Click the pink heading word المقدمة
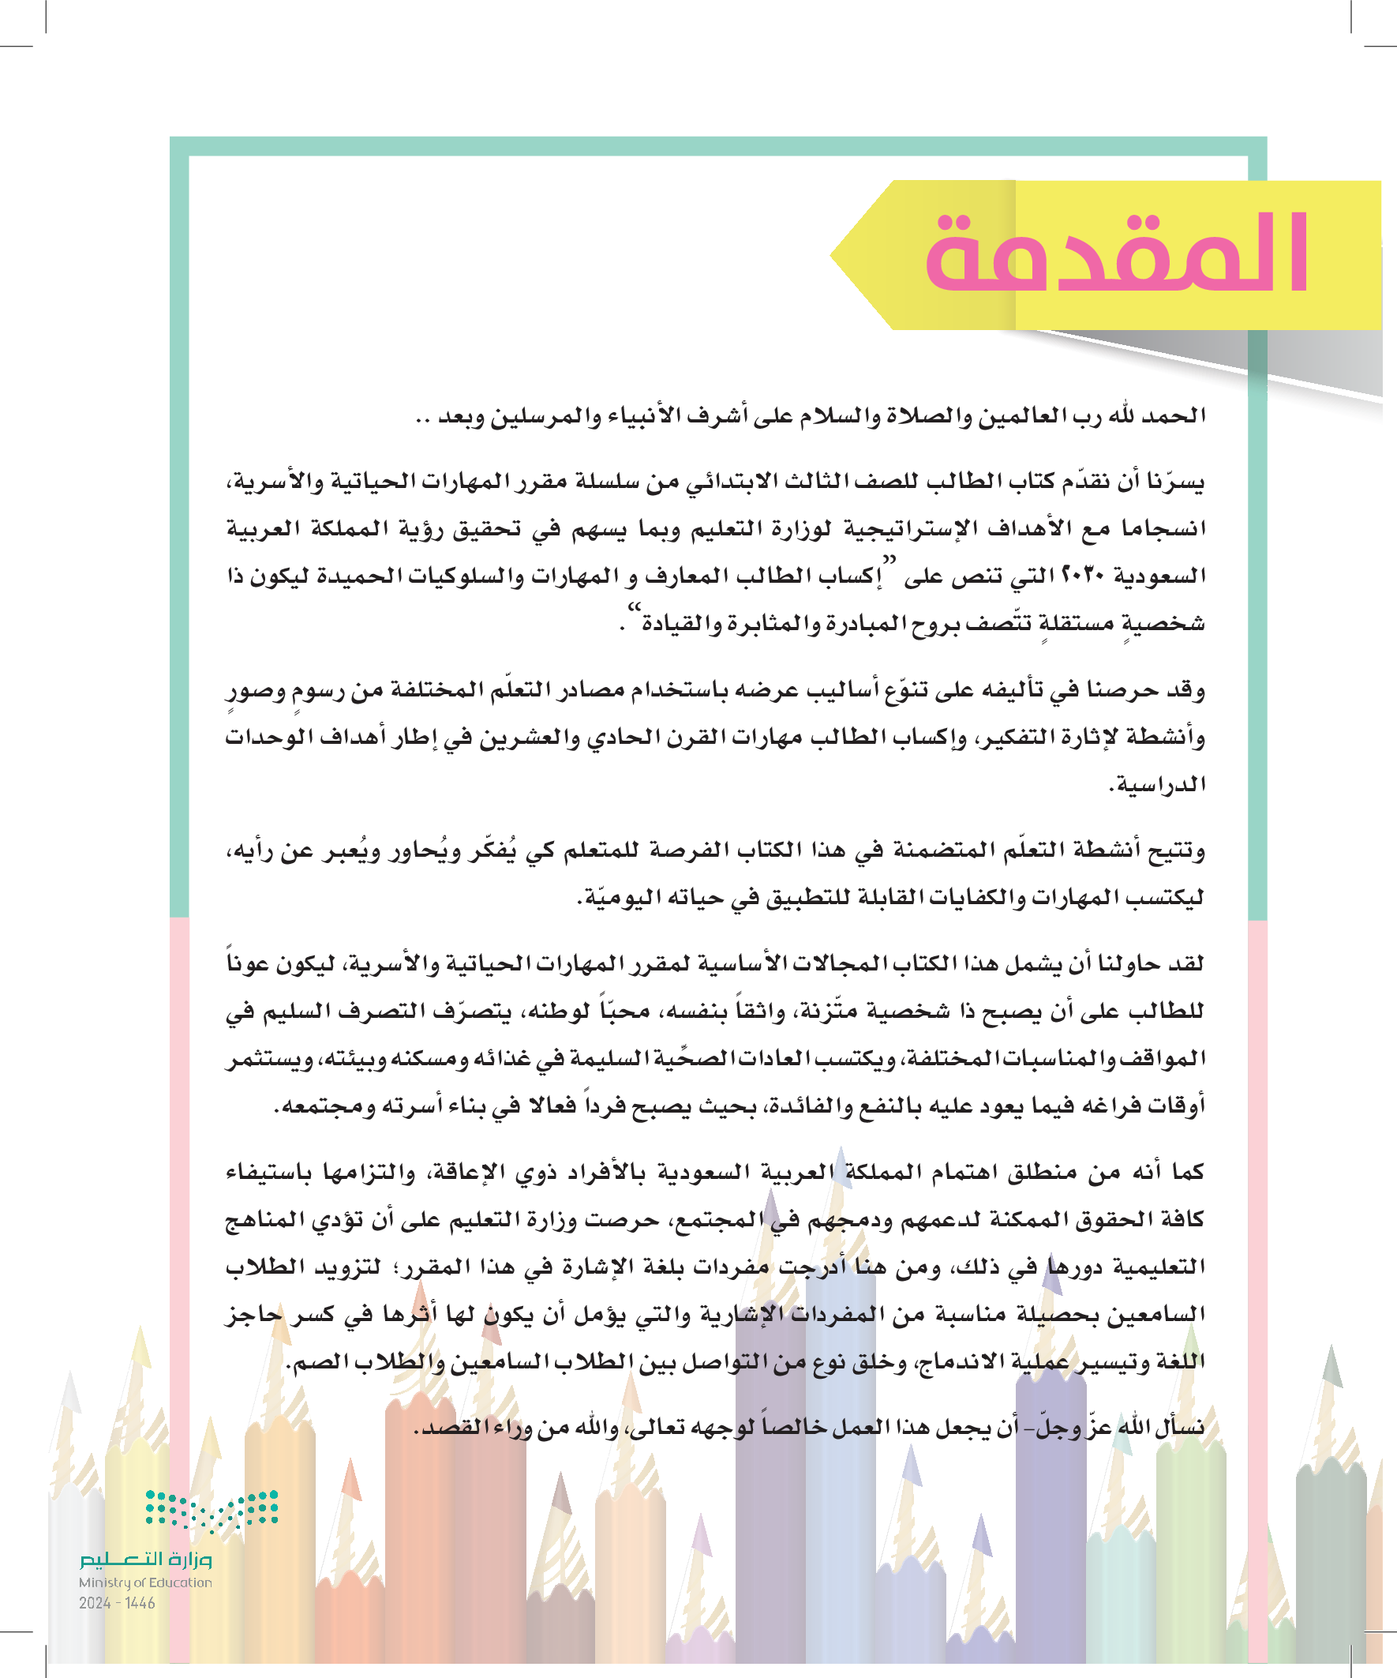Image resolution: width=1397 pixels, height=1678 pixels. (x=1116, y=254)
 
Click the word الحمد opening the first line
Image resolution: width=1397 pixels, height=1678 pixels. (x=1178, y=415)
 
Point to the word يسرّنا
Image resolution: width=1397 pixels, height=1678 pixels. (x=1177, y=482)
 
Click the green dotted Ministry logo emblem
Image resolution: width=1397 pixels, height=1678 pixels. (x=212, y=1510)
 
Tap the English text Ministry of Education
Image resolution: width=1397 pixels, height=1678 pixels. (x=145, y=1582)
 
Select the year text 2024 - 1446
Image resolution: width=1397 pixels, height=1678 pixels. (x=118, y=1603)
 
